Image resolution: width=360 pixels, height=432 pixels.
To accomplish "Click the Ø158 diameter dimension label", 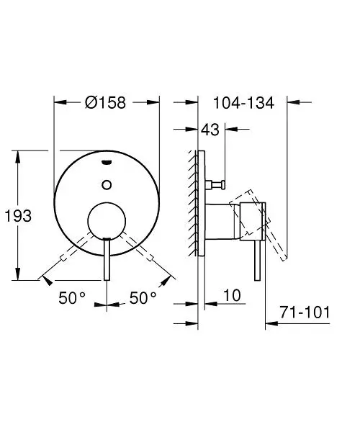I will (105, 103).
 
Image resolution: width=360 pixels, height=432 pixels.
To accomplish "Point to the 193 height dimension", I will (18, 215).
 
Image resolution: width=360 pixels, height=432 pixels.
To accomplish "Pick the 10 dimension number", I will (232, 296).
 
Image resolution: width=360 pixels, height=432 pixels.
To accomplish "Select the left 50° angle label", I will (73, 296).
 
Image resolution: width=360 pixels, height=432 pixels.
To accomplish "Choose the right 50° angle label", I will (143, 296).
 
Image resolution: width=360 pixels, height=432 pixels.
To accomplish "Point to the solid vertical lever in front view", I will (107, 259).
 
